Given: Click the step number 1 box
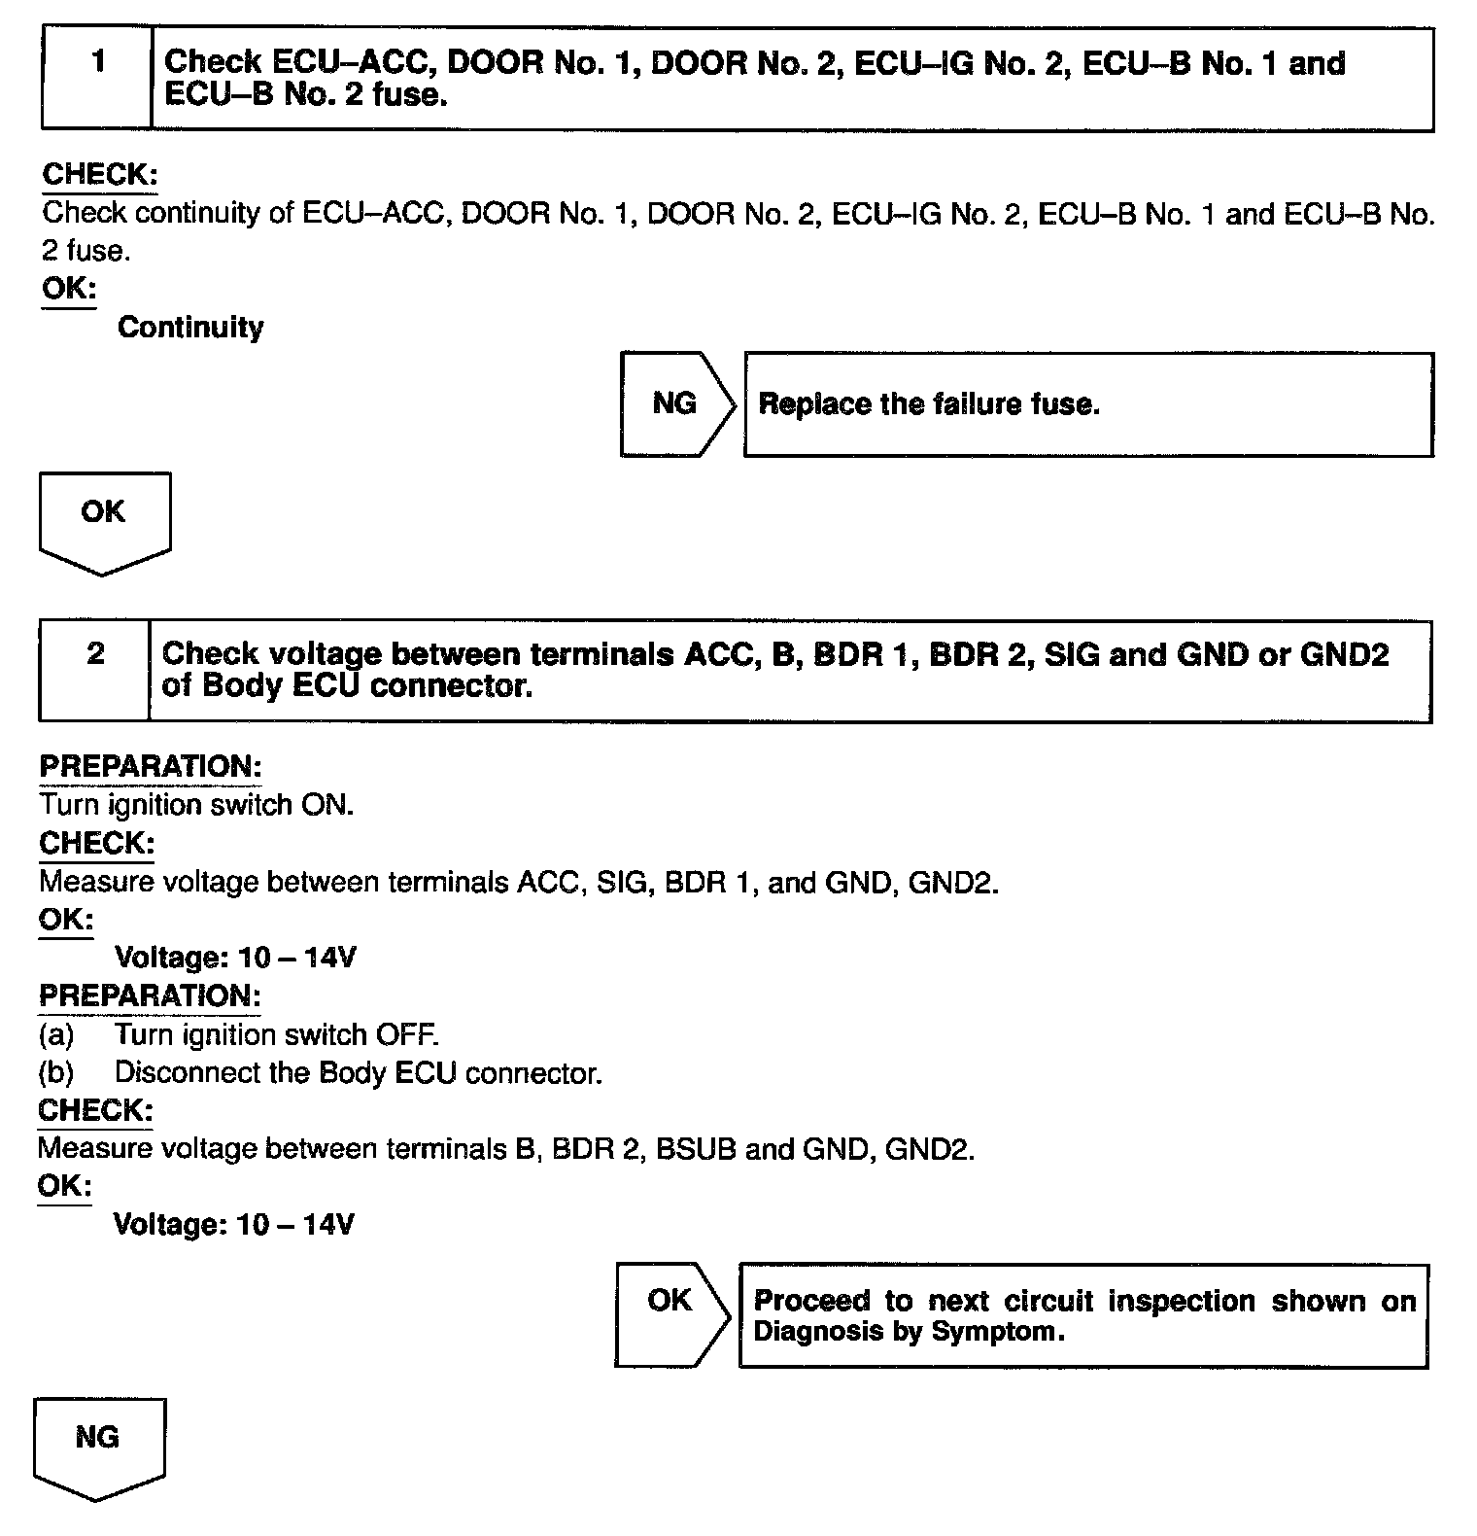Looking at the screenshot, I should [x=97, y=78].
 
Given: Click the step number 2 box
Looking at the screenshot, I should [x=94, y=670].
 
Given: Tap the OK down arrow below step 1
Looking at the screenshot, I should [x=104, y=519].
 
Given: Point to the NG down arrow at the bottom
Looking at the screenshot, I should [x=98, y=1445].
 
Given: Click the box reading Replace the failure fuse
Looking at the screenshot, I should [x=1088, y=404].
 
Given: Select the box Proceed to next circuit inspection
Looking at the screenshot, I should [x=1083, y=1315].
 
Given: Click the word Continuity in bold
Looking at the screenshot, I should [x=190, y=328].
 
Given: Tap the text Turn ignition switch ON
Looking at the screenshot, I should [x=196, y=805].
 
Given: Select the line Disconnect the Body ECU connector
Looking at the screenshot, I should [x=358, y=1073].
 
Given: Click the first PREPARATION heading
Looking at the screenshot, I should [x=151, y=766].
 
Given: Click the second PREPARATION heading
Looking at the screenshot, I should [x=150, y=996].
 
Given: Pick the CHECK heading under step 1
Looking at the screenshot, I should [x=100, y=175].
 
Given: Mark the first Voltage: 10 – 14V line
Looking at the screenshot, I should [x=235, y=958].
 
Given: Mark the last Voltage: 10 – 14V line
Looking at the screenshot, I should [x=233, y=1224].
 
